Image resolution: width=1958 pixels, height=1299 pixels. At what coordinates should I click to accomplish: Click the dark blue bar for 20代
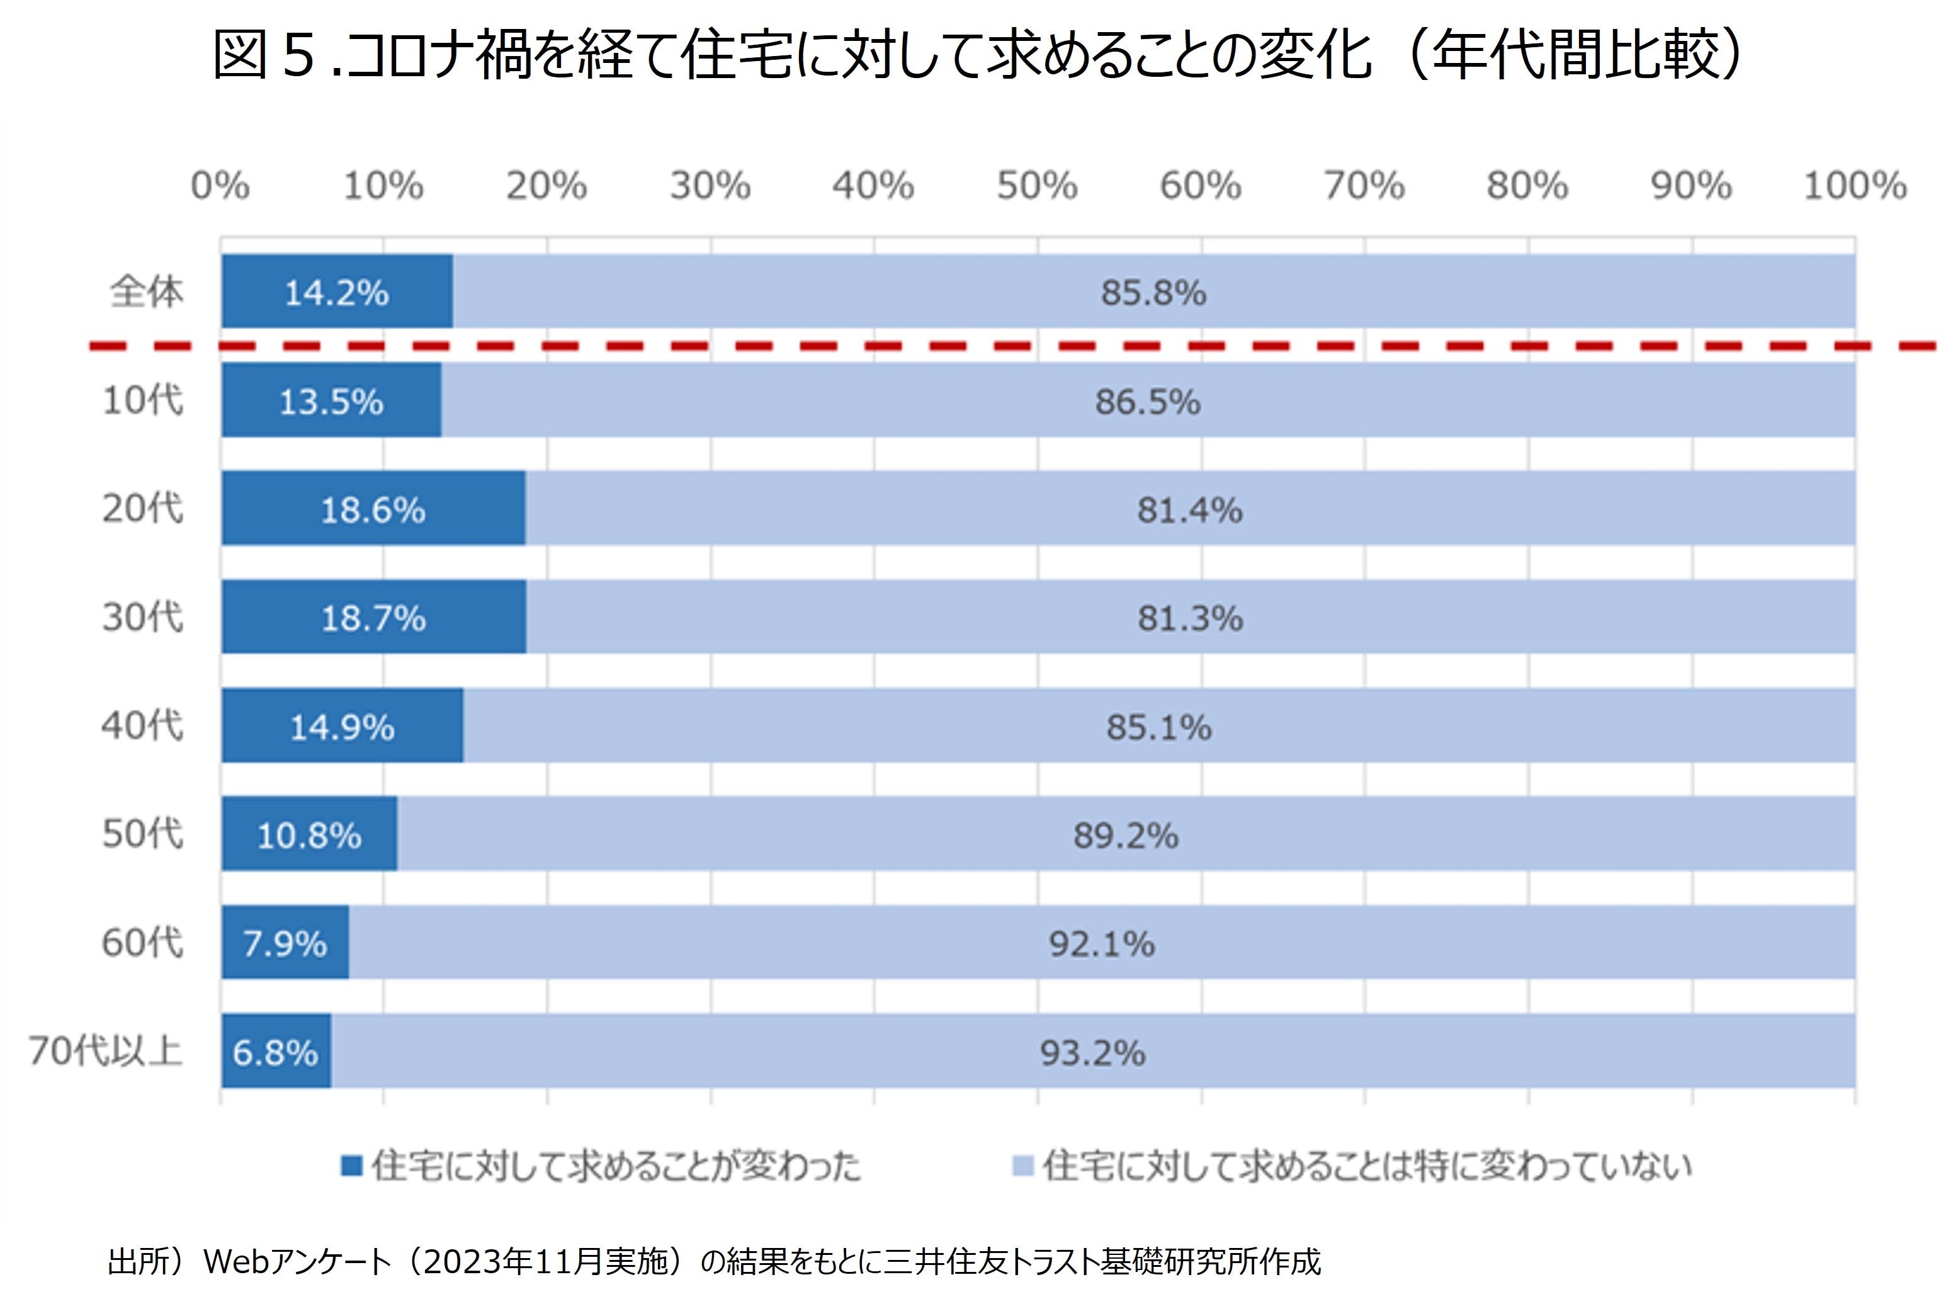pos(373,509)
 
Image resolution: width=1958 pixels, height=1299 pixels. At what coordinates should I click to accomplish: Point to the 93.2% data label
pos(1092,1053)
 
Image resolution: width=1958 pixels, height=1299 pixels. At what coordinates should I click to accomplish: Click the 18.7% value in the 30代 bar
pos(373,618)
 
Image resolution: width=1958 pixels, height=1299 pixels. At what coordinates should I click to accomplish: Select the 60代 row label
pos(142,943)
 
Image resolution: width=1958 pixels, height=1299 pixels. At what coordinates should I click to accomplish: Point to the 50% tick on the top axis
pos(1037,186)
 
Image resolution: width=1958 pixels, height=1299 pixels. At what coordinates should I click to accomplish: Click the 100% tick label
pos(1855,186)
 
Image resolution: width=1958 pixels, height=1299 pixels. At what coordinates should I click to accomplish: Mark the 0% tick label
pos(220,186)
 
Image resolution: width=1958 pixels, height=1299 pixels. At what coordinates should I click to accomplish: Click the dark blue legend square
pos(352,1166)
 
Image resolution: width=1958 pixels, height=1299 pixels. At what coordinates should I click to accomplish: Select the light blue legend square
pos(1024,1166)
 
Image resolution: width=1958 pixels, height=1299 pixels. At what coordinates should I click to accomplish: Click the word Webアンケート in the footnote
pos(297,1262)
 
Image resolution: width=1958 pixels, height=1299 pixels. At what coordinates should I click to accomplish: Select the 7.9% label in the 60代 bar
pos(284,944)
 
